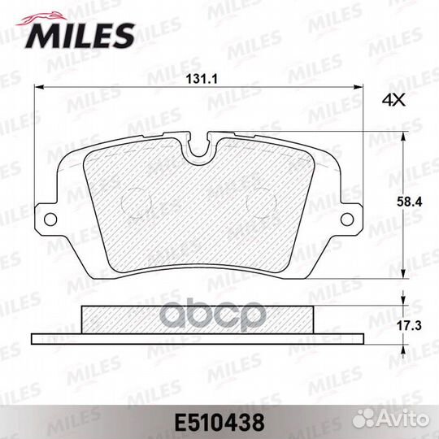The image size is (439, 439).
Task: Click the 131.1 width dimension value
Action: coord(202,79)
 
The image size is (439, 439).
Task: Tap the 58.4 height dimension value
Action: coord(409,202)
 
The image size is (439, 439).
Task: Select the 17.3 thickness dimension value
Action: coord(409,326)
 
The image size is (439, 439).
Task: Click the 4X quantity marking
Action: coord(393,100)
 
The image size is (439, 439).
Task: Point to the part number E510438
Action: coord(219,423)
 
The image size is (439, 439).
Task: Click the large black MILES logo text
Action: coord(80,36)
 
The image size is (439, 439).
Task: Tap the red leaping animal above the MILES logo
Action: coord(42,18)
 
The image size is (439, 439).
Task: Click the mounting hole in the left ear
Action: coord(50,219)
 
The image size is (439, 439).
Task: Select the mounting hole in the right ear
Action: coord(347,219)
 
